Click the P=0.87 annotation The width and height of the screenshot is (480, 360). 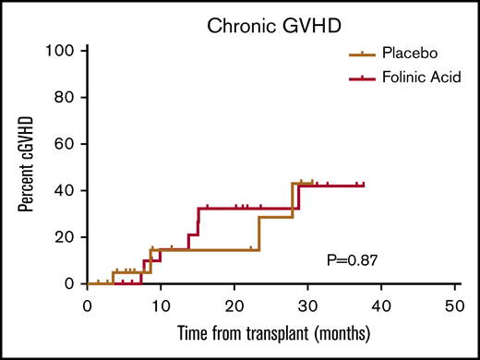354,260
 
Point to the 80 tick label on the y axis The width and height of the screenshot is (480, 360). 63,97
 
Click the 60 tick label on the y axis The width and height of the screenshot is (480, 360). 63,144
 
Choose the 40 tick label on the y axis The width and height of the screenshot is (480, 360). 63,190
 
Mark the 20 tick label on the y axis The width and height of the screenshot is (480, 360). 63,237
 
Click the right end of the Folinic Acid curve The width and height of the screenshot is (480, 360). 364,186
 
